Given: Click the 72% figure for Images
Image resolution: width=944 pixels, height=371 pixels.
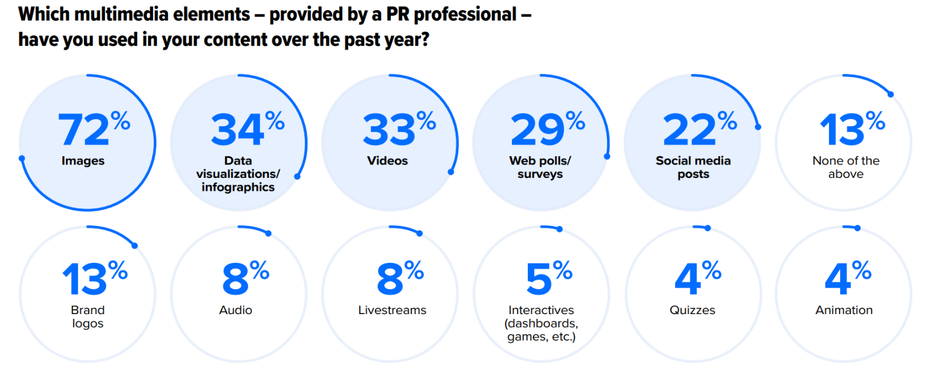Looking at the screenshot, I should pyautogui.click(x=93, y=129).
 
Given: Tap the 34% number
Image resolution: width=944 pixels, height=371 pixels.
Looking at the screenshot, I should pyautogui.click(x=247, y=129).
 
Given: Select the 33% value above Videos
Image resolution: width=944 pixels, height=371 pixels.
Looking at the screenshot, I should pyautogui.click(x=398, y=129).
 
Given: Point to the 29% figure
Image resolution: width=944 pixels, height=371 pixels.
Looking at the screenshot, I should pyautogui.click(x=547, y=129).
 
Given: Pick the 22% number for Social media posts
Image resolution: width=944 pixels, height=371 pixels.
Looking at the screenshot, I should pyautogui.click(x=699, y=129).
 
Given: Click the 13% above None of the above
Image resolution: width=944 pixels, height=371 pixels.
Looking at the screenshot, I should pyautogui.click(x=851, y=129).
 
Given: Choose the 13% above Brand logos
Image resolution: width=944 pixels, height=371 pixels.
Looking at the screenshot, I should pyautogui.click(x=94, y=279).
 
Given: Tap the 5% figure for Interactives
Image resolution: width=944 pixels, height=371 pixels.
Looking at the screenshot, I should pyautogui.click(x=548, y=279).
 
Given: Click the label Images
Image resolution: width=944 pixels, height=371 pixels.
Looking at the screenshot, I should pyautogui.click(x=83, y=161).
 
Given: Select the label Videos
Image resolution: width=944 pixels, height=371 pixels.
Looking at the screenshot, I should pyautogui.click(x=387, y=161).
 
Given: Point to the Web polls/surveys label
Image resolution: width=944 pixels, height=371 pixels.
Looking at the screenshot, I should pyautogui.click(x=540, y=167).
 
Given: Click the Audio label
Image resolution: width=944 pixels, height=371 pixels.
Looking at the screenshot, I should pyautogui.click(x=235, y=310).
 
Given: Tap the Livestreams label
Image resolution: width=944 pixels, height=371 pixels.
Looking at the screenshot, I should pyautogui.click(x=392, y=310).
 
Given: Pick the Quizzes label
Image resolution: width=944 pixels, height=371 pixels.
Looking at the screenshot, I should pyautogui.click(x=692, y=310).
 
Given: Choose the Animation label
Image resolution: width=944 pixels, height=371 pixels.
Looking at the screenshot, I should pyautogui.click(x=844, y=310).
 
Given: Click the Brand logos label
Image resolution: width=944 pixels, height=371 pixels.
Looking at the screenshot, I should pyautogui.click(x=87, y=316).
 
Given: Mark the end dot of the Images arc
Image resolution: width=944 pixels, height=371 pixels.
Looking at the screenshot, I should pyautogui.click(x=22, y=158).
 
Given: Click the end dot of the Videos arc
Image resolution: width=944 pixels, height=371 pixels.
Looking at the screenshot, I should pyautogui.click(x=451, y=172).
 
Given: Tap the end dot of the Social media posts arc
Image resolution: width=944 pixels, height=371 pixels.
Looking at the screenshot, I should pyautogui.click(x=758, y=127).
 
